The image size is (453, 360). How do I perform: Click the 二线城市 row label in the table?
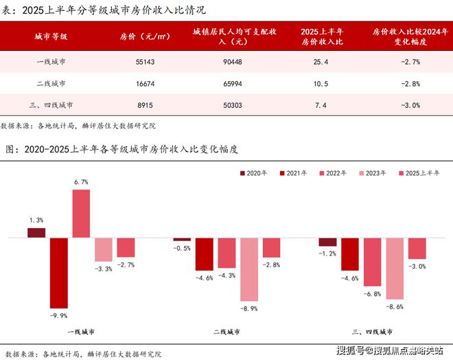click(51, 83)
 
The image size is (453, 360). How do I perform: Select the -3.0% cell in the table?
click(409, 105)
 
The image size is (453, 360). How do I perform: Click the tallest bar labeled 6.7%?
click(81, 213)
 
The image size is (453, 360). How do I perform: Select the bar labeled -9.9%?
click(58, 272)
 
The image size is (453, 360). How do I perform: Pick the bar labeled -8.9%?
click(249, 269)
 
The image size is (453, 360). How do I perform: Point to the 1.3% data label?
click(36, 220)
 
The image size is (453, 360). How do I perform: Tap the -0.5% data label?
click(183, 248)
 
